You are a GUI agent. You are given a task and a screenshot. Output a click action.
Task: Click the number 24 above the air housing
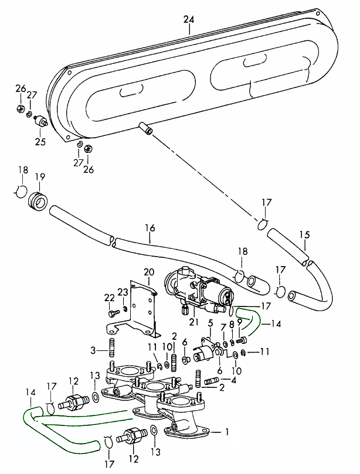188,20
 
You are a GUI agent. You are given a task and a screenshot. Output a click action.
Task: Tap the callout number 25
40,141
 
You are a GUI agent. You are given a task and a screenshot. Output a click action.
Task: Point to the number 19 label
40,176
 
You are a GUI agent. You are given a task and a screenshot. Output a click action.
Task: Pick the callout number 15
304,235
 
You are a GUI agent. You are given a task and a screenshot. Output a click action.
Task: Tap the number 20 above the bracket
148,272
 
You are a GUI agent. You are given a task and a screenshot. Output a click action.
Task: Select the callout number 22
109,298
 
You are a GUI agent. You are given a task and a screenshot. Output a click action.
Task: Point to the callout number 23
123,292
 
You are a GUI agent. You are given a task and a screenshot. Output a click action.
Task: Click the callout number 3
93,350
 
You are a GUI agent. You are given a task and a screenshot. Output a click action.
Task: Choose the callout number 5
210,323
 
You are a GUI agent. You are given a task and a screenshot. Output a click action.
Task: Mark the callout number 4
234,379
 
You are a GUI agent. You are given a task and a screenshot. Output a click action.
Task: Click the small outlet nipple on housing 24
145,127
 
